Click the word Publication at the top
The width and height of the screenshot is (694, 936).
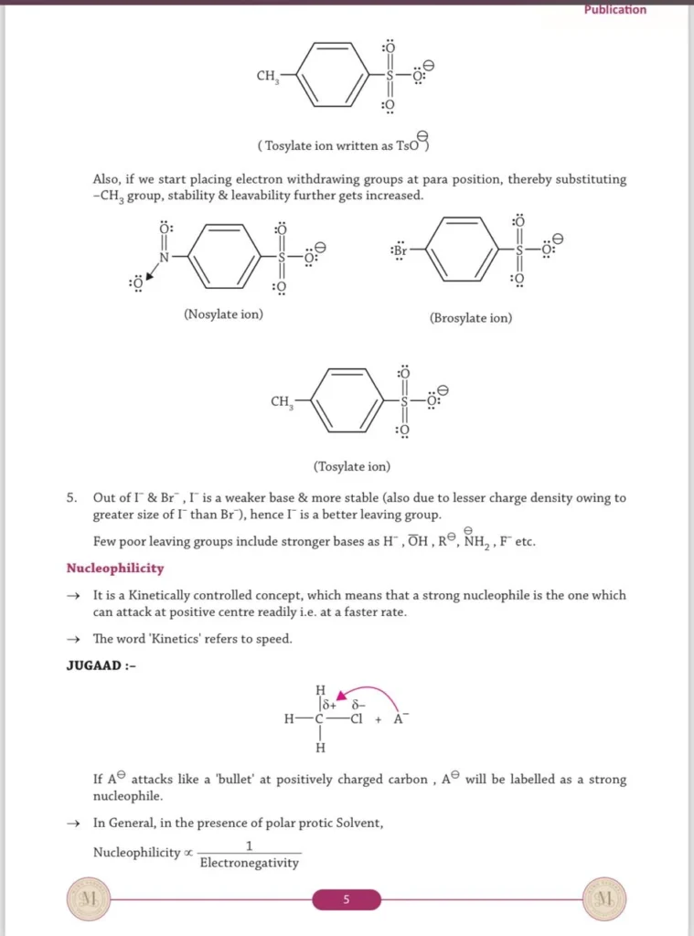coord(614,10)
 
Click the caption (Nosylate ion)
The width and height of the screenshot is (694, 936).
coord(223,314)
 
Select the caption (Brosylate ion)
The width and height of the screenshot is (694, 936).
coord(471,318)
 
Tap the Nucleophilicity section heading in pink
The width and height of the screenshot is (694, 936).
coord(115,568)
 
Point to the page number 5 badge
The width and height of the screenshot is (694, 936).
coord(346,899)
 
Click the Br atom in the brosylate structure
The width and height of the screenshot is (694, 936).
coord(400,250)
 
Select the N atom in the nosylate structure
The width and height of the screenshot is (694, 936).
coord(165,257)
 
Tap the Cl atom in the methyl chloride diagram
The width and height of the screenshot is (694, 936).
coord(358,718)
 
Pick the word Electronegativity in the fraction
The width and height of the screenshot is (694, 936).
coord(249,863)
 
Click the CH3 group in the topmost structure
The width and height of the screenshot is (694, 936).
coord(267,76)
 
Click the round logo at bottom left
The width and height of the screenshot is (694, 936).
coord(88,899)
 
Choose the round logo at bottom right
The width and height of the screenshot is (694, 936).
coord(603,899)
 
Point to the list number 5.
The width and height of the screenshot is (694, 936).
coord(70,498)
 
